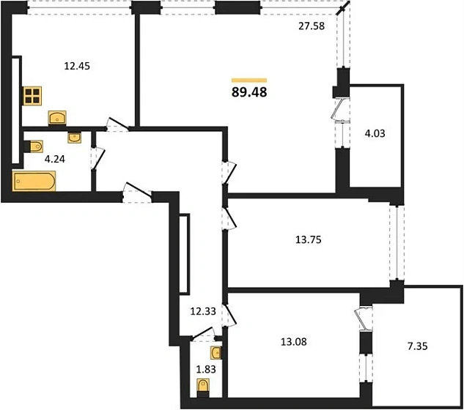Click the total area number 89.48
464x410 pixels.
pos(249,92)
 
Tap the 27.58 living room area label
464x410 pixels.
pos(312,26)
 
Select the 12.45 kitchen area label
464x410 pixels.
pos(77,66)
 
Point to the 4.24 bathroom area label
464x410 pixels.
pos(55,160)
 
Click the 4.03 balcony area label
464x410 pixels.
pos(375,133)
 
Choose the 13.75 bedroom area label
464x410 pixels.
pos(309,239)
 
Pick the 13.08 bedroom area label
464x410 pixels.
pos(293,342)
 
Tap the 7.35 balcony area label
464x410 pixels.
pos(418,346)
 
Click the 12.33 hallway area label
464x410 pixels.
pos(203,311)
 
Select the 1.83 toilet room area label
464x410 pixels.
pos(206,370)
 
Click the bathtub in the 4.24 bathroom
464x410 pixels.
pos(34,181)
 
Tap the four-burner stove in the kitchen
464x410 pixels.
pos(32,96)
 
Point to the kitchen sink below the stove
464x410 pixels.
pos(57,118)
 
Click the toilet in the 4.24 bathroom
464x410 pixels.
pos(34,146)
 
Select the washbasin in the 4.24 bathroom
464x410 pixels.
pos(74,137)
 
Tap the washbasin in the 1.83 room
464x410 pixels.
pos(216,353)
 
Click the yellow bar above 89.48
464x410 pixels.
pos(249,80)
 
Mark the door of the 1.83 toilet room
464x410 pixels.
pos(204,335)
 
